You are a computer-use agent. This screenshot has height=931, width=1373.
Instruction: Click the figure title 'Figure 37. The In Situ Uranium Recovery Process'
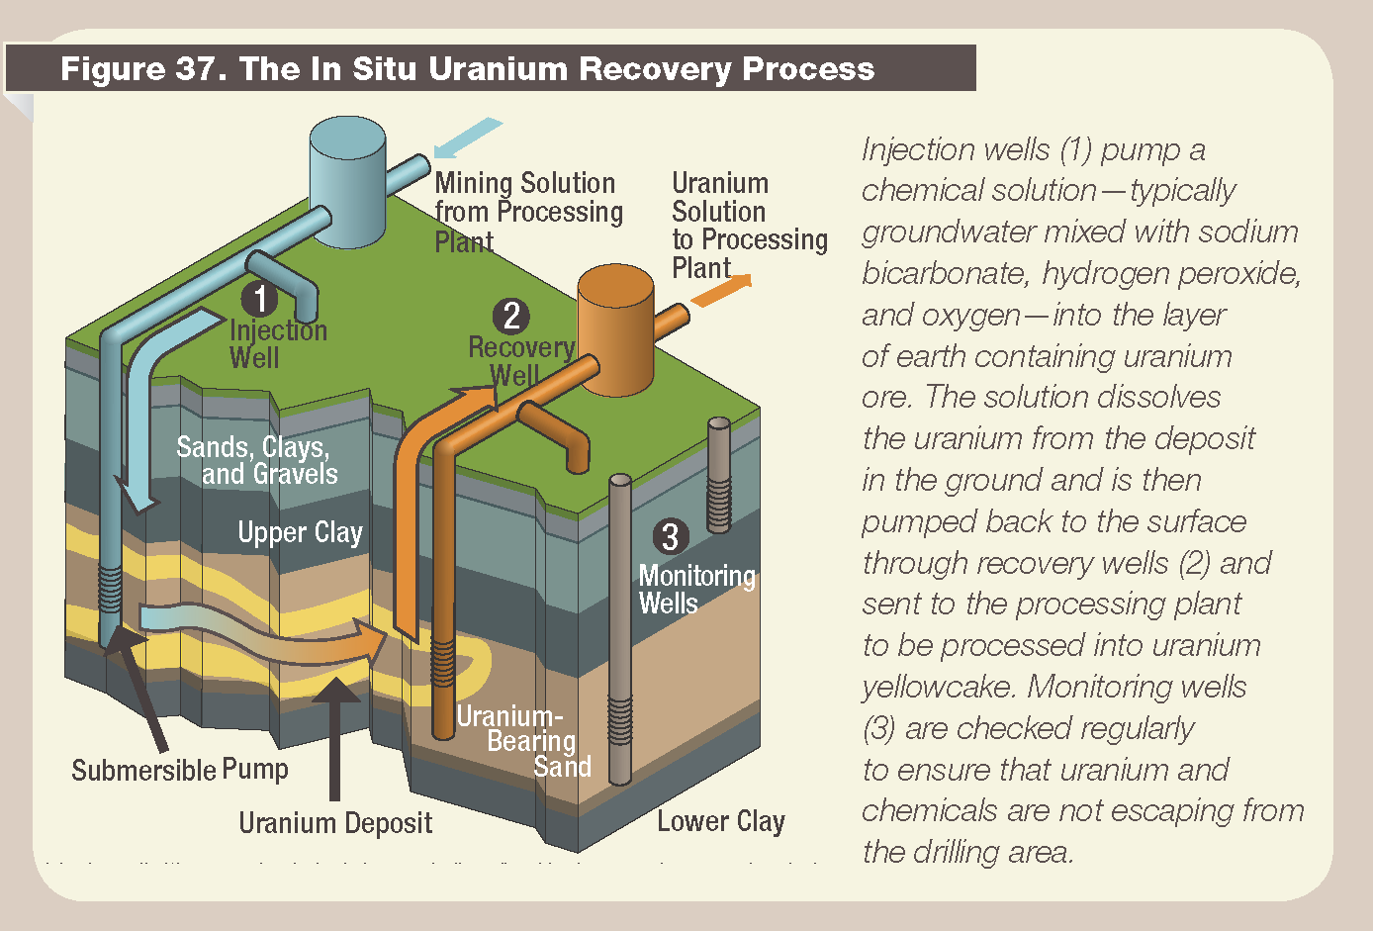pos(467,68)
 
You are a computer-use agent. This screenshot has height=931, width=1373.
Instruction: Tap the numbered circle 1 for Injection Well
pos(260,298)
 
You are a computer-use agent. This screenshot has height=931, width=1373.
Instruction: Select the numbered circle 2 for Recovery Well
pos(511,316)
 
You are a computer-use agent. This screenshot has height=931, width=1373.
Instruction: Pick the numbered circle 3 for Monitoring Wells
pos(670,536)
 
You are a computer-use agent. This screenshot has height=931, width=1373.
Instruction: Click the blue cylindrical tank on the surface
pos(347,183)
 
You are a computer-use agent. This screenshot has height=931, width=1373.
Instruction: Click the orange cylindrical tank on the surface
pos(615,328)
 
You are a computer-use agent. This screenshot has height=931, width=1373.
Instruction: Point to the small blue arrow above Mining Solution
pos(467,138)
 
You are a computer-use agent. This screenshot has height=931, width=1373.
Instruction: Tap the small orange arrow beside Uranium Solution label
pos(721,290)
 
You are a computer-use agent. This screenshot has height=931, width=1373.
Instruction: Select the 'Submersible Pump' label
pos(180,770)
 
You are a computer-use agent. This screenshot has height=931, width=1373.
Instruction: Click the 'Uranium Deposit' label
pos(335,822)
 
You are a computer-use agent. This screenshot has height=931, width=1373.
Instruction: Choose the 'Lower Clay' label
pos(720,821)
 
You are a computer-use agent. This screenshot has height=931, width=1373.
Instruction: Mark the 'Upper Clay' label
pos(300,532)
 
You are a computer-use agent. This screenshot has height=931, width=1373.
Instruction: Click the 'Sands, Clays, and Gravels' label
pos(256,460)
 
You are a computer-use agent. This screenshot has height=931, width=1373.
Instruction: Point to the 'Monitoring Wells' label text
pos(696,590)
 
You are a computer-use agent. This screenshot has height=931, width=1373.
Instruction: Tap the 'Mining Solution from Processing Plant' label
pos(527,212)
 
